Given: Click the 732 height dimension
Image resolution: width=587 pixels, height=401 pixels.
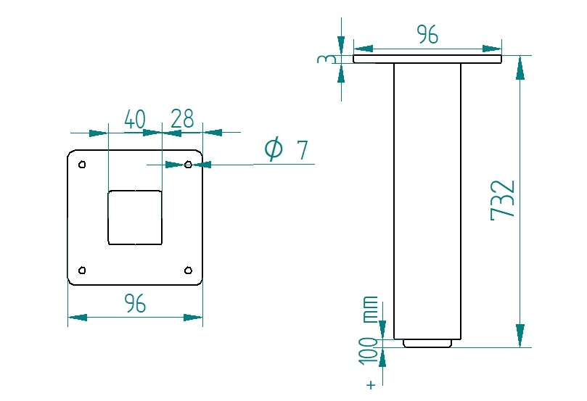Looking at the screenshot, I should click(503, 199).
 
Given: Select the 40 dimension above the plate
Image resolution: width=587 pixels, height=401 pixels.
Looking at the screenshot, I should click(135, 120).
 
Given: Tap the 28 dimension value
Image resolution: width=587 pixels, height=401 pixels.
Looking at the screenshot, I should click(182, 120).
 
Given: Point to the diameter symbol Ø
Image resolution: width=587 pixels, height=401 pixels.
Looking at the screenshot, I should click(274, 149).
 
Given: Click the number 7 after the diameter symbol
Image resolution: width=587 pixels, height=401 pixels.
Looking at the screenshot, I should click(303, 151).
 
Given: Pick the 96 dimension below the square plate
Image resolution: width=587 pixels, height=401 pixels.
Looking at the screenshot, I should click(135, 305).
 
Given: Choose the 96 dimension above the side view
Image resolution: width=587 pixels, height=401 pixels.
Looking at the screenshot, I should click(427, 34).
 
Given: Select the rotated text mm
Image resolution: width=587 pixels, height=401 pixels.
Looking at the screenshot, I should click(370, 310).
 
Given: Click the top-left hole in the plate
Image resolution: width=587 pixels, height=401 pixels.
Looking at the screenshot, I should click(82, 165).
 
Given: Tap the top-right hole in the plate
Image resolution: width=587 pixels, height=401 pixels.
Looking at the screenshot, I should click(188, 165).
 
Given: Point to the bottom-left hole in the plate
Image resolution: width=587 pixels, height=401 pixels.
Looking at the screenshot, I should click(82, 270).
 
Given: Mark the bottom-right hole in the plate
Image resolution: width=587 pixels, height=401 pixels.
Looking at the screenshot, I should click(188, 270).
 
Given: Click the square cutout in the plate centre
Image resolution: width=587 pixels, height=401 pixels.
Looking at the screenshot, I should click(135, 218).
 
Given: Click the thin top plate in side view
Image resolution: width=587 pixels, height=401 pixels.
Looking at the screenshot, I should click(427, 59).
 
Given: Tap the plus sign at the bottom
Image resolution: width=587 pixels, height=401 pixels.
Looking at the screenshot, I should click(371, 384).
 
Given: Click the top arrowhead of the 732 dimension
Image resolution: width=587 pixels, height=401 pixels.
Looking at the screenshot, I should click(520, 68).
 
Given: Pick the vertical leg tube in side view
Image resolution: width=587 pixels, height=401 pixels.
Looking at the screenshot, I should click(427, 199).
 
